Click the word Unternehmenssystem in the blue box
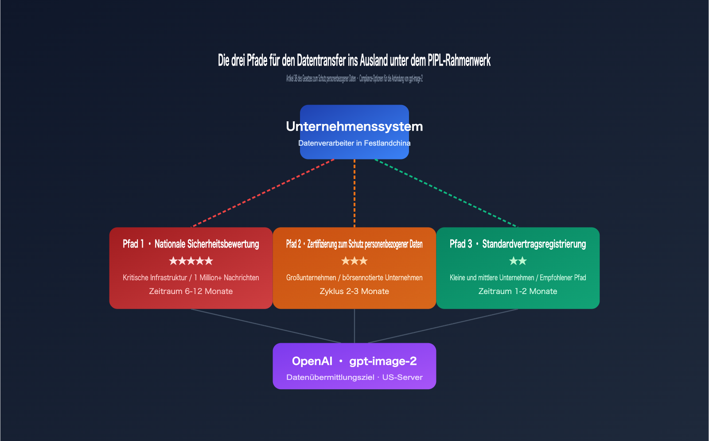tap(354, 127)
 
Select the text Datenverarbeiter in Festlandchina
tap(354, 143)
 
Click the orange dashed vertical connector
tap(354, 193)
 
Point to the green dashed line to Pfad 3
tap(446, 193)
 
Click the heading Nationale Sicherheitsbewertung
tap(206, 244)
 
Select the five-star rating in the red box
tap(191, 261)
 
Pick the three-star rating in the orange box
tap(354, 261)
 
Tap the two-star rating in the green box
tap(518, 261)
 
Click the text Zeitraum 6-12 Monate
tap(191, 291)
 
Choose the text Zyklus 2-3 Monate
tap(354, 291)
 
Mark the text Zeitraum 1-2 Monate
tap(518, 291)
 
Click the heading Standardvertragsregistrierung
tap(534, 244)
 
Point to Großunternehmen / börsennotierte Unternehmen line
tap(354, 278)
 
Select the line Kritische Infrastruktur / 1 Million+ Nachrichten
tap(191, 278)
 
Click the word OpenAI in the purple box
tap(312, 361)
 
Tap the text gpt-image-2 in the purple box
tap(383, 361)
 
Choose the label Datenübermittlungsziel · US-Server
tap(354, 378)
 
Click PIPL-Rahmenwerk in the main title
tap(459, 61)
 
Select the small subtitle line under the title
tap(354, 79)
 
